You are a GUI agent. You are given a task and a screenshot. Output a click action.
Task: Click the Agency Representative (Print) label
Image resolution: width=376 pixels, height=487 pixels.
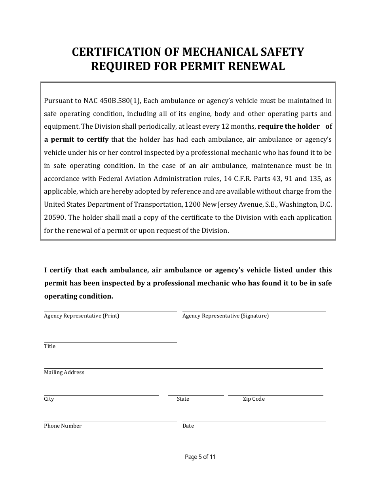[x=82, y=316]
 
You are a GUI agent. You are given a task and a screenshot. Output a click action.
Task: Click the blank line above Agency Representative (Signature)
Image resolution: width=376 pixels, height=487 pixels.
[x=254, y=311]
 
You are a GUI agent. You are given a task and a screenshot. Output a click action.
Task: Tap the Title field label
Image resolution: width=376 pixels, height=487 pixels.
[x=50, y=346]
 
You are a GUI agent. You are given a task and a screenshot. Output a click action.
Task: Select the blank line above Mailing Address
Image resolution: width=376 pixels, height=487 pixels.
[x=183, y=368]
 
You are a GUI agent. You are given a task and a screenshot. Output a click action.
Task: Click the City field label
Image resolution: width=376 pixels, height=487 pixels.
[x=49, y=399]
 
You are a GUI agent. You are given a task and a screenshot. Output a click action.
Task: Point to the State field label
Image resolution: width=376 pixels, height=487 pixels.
[x=183, y=399]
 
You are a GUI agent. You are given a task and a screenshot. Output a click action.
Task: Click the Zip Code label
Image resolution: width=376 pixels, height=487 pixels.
[x=254, y=399]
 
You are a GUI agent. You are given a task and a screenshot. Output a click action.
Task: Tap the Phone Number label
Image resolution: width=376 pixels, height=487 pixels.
[x=63, y=426]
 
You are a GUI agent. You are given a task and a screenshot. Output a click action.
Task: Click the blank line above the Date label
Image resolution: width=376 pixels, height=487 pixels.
[x=254, y=421]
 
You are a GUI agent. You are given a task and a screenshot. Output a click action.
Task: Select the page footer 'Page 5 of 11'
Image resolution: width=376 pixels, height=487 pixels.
[x=200, y=457]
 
